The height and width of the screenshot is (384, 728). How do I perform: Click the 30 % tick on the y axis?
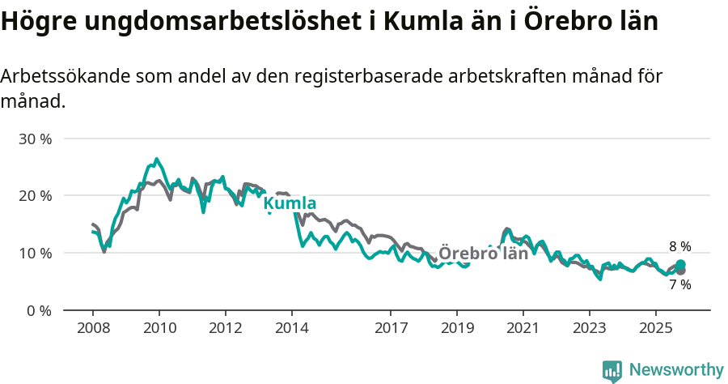pos(35,139)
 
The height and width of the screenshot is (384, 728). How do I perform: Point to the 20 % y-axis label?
pos(35,195)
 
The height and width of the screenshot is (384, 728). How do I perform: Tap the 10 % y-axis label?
pos(35,253)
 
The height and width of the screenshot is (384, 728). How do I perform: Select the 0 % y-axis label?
pos(39,310)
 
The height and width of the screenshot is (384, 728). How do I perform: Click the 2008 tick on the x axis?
pos(93,328)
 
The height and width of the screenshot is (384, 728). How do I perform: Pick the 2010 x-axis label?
pos(159,328)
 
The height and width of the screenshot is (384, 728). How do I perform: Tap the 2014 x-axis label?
pos(291,328)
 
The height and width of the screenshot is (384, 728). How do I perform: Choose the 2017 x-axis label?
pos(391,328)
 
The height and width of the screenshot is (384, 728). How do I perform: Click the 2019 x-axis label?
pos(457,328)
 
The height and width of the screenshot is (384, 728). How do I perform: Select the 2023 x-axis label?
pos(589,328)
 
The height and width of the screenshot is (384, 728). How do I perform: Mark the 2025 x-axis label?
pos(655,328)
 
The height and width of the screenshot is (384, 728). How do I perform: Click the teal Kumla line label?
pos(290,203)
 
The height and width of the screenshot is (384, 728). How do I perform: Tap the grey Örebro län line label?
pos(483,253)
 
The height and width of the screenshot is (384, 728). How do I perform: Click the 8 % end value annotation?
pos(680,246)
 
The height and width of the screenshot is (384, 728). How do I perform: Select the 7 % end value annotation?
pos(680,284)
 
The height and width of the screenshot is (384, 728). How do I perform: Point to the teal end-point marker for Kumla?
pos(680,265)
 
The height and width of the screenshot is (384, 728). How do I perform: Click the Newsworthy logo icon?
pos(612,371)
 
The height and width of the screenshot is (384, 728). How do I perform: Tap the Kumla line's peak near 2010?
pos(157,159)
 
